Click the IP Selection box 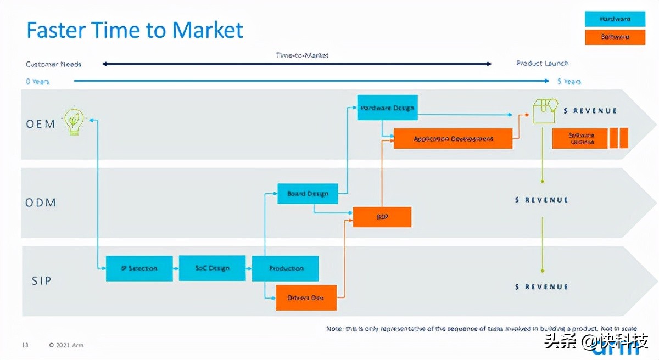pos(139,268)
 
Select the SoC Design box pos(212,268)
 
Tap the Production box pos(286,268)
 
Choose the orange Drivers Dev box pos(306,298)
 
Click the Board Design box pos(308,194)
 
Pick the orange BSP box pos(382,217)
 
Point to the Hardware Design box pos(387,108)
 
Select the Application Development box pos(453,139)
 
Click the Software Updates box pos(580,138)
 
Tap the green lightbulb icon pos(74,121)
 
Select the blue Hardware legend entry pos(615,19)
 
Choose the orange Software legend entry pos(615,37)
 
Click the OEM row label pos(41,124)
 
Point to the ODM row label pos(41,203)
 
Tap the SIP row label pos(41,281)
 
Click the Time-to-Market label pos(302,55)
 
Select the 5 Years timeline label pos(569,81)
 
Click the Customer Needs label pos(53,64)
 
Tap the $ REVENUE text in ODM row pos(541,200)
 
